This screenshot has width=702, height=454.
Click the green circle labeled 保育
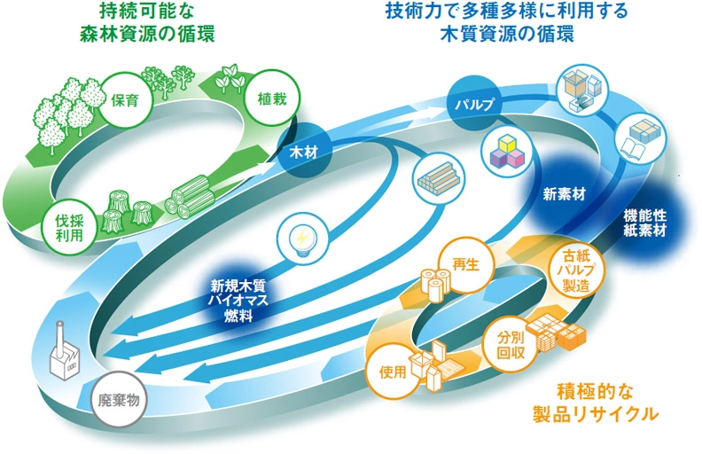tap(126, 100)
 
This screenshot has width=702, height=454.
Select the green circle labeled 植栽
tap(271, 98)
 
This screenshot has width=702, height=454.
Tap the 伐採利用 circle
tap(70, 228)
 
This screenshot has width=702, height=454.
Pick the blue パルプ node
tap(475, 104)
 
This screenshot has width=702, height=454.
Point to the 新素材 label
tap(564, 194)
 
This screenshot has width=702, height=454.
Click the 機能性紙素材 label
tap(645, 223)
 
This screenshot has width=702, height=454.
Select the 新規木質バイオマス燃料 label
tap(238, 301)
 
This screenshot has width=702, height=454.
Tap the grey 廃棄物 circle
tap(119, 400)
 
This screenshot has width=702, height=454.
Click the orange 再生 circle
tap(466, 264)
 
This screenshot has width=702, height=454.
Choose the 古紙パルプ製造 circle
tap(576, 270)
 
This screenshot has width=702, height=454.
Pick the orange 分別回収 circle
tap(511, 345)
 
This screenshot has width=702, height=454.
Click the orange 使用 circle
tap(393, 372)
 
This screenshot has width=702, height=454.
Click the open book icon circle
tap(640, 137)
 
